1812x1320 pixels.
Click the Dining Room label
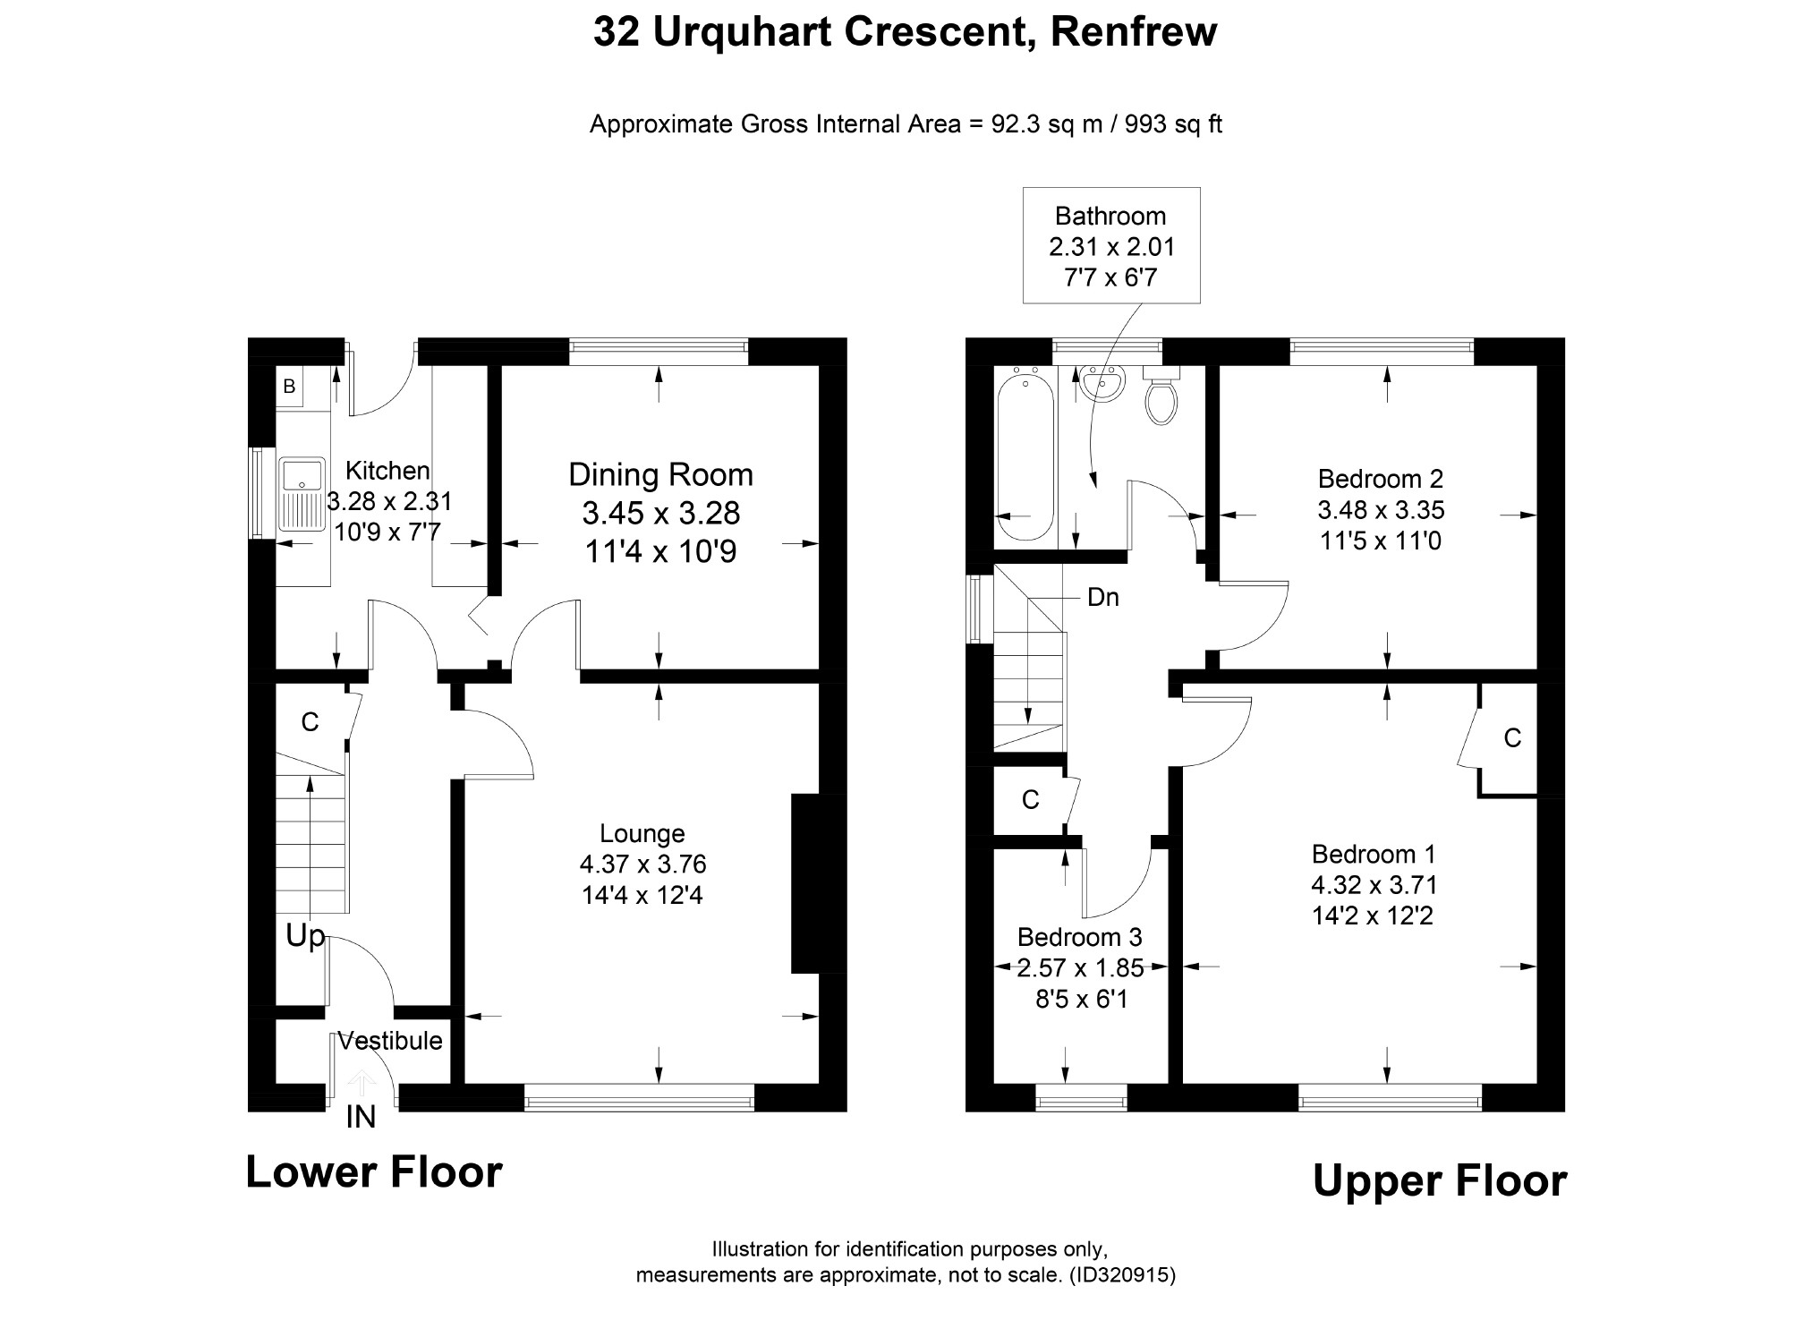[x=661, y=474]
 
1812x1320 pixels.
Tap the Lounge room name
[x=642, y=833]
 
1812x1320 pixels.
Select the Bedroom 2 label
[x=1381, y=479]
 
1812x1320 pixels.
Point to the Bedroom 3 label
[x=1080, y=937]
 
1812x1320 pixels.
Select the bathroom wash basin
[x=1101, y=384]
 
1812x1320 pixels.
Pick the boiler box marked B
[x=289, y=387]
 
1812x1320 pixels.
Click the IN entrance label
[x=362, y=1117]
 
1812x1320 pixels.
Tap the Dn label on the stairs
[x=1103, y=597]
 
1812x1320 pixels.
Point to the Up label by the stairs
[x=305, y=937]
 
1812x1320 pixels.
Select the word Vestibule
[x=390, y=1041]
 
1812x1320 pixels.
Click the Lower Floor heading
[x=374, y=1172]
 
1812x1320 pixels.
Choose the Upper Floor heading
[x=1440, y=1181]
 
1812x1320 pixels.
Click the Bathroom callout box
[x=1111, y=245]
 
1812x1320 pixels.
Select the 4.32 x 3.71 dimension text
[x=1374, y=885]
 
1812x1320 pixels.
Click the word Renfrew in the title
[x=1134, y=32]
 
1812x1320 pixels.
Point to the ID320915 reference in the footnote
[x=1122, y=1274]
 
